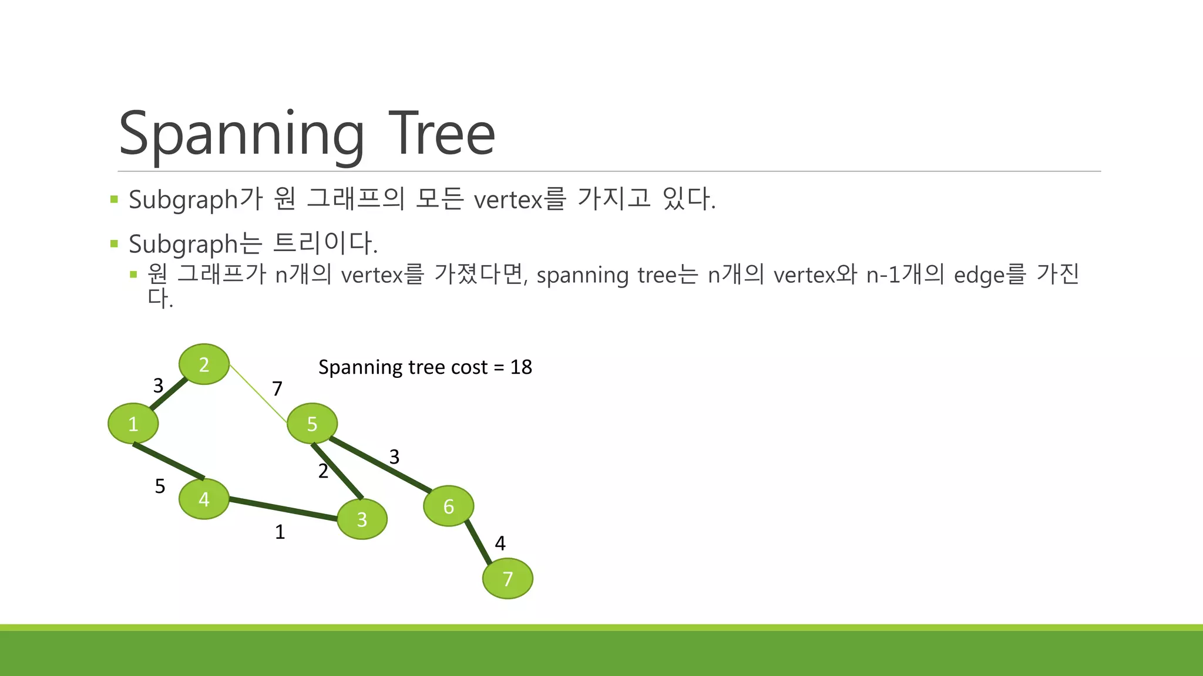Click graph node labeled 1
point(133,423)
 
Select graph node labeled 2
point(204,364)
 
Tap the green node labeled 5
point(312,423)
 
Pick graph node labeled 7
point(508,579)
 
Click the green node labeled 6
point(449,506)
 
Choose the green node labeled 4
point(204,499)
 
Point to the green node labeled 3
point(362,519)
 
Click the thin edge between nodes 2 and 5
point(258,394)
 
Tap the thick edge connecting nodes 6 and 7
point(479,542)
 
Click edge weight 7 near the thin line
point(277,388)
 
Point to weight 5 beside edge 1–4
point(160,486)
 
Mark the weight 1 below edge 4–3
point(280,532)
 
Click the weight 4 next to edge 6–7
point(500,543)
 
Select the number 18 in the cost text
point(521,367)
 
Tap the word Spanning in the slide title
point(241,135)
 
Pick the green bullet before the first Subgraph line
point(114,200)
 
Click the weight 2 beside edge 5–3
point(323,471)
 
